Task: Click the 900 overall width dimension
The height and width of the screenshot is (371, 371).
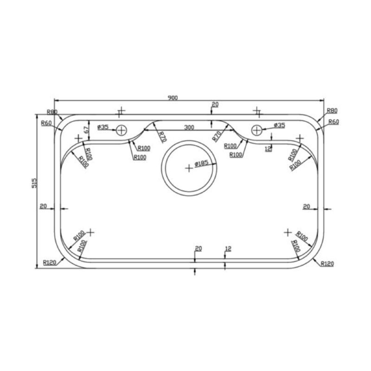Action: [173, 98]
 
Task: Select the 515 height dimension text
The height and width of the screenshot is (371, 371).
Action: [34, 183]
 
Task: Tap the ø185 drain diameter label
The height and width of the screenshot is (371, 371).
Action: [202, 163]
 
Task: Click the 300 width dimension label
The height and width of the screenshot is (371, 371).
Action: [189, 127]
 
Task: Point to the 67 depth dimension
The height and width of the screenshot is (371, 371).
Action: [86, 130]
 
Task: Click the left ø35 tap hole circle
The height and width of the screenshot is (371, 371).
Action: [122, 130]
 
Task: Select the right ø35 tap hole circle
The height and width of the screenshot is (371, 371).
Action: [257, 130]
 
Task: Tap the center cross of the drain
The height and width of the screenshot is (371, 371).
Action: [189, 168]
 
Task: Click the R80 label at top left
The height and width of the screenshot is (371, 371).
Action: [52, 112]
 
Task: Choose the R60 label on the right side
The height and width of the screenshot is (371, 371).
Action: [334, 122]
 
